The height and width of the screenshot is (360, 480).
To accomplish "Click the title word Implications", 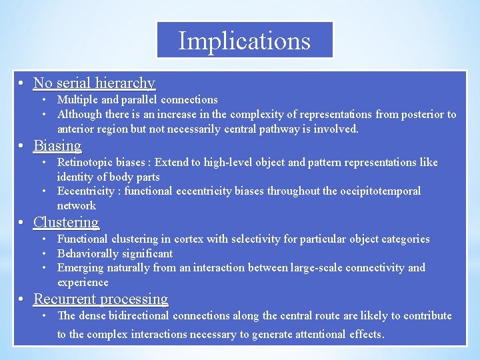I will [244, 41].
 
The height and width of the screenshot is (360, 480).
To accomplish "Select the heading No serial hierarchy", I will [94, 83].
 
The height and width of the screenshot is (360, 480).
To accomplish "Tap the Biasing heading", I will [57, 146].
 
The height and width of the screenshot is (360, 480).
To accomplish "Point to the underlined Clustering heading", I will [66, 223].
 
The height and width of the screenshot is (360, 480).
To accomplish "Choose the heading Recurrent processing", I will [101, 299].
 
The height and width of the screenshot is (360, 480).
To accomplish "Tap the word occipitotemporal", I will [381, 191].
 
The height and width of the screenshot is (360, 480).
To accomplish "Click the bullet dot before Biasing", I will [22, 147].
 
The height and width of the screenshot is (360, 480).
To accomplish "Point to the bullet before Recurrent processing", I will [22, 300].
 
